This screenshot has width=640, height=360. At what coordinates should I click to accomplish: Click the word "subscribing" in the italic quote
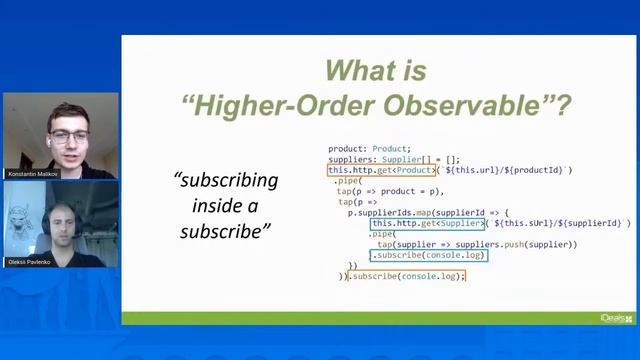tap(226, 181)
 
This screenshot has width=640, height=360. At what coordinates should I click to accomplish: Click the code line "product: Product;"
tap(369, 149)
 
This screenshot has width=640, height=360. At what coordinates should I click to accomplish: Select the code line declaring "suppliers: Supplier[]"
tap(394, 159)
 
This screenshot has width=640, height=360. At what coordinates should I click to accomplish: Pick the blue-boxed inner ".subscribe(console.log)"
tap(429, 255)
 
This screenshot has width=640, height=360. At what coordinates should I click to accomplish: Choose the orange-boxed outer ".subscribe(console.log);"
tap(406, 276)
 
